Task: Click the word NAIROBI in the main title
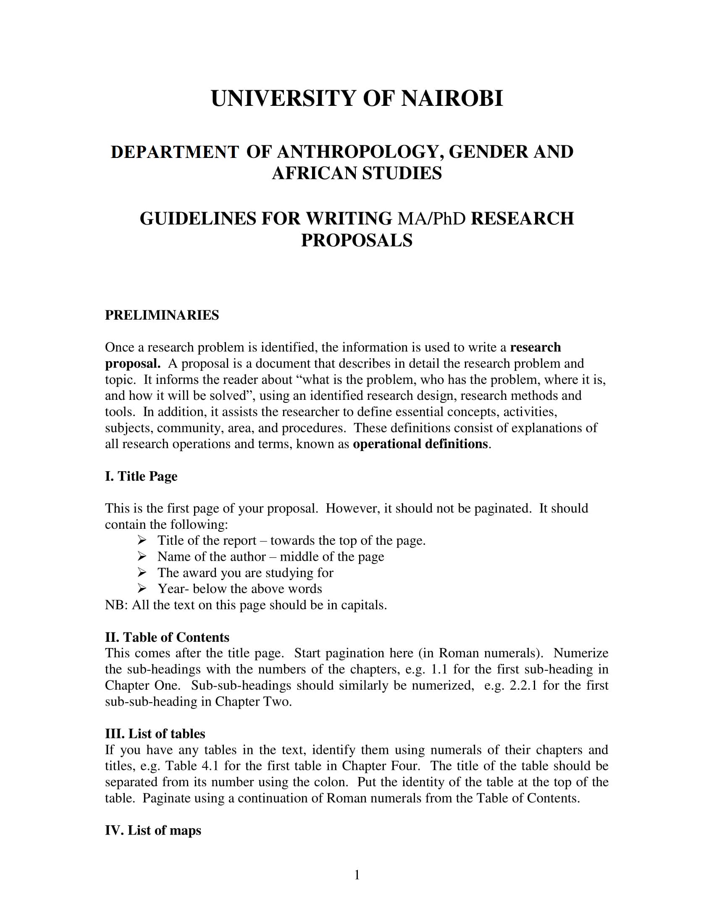[x=452, y=99]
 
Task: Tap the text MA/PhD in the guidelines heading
[x=431, y=219]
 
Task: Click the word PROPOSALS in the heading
[x=357, y=240]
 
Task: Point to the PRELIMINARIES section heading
[x=162, y=315]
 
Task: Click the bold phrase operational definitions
[x=420, y=444]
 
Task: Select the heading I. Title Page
[x=141, y=476]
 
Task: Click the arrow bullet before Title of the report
[x=142, y=540]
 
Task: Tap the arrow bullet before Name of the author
[x=142, y=556]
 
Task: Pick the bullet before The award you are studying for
[x=142, y=572]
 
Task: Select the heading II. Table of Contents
[x=167, y=637]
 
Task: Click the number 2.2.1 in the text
[x=523, y=685]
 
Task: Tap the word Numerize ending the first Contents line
[x=581, y=653]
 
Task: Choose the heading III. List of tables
[x=155, y=734]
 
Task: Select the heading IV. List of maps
[x=153, y=830]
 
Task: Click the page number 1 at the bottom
[x=357, y=874]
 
